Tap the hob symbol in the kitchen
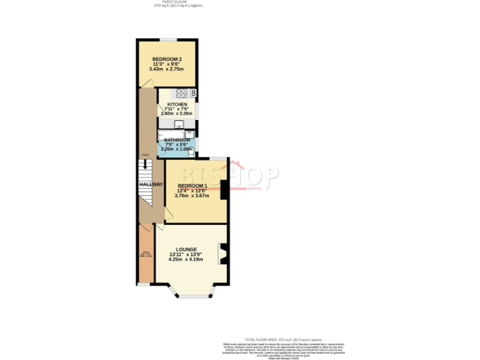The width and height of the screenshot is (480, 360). [182, 94]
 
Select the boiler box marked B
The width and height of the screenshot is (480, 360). [194, 94]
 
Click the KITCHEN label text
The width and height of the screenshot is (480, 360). [168, 104]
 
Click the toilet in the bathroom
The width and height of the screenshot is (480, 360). [191, 150]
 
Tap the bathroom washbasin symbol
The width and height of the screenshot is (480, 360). [189, 134]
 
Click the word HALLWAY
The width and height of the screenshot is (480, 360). [151, 184]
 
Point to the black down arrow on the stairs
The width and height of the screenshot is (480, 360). [145, 165]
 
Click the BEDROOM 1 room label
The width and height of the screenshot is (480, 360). [192, 186]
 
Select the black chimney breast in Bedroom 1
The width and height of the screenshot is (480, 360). [224, 189]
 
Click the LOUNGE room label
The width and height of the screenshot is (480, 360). [186, 249]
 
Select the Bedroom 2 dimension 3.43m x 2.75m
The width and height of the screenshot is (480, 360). [166, 69]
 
